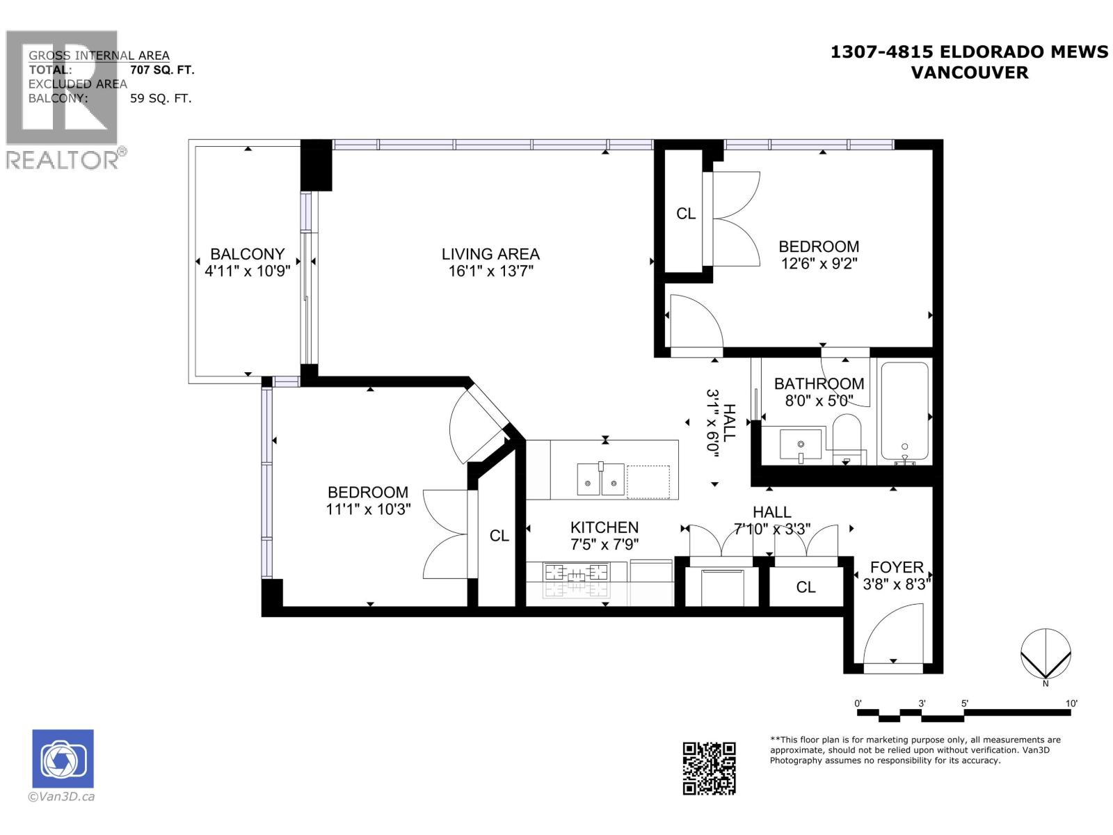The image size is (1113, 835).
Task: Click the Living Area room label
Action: tap(490, 253)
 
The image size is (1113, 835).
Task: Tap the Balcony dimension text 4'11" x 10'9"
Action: tap(247, 271)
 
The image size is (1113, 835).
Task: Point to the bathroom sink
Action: tap(800, 445)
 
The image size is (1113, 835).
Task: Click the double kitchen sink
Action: tap(600, 479)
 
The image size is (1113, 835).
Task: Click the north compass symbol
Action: tap(1045, 654)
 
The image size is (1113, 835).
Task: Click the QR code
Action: tap(708, 768)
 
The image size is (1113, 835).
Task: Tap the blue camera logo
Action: tap(63, 758)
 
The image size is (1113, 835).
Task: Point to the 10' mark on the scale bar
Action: tap(1071, 703)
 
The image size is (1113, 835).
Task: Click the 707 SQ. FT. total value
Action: tap(162, 70)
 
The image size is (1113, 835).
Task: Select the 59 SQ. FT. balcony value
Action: tap(161, 98)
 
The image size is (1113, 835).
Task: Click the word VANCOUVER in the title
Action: tap(969, 72)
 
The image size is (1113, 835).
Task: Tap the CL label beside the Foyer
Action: tap(806, 587)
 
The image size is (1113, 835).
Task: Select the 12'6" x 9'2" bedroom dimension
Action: tap(818, 263)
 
